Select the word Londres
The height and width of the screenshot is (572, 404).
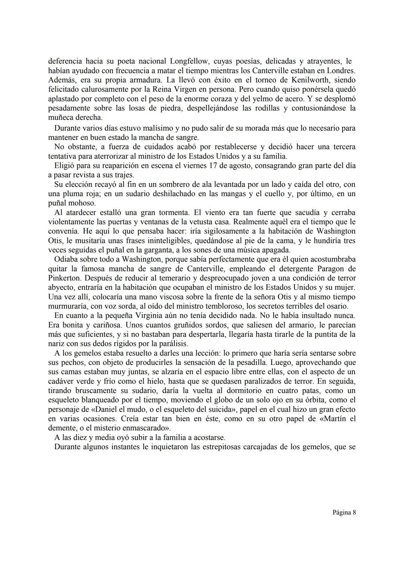[x=340, y=71]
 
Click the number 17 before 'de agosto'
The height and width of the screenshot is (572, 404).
[x=211, y=165]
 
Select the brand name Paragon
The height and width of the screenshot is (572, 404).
[x=331, y=269]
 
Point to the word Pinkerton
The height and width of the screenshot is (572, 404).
[x=64, y=278]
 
